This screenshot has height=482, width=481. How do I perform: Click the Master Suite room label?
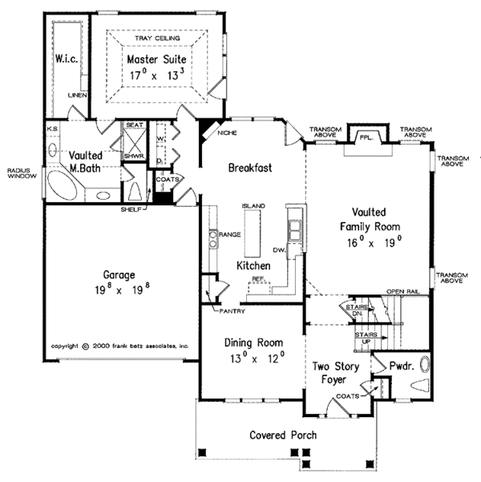tap(157, 59)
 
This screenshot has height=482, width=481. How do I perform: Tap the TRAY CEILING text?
tap(157, 38)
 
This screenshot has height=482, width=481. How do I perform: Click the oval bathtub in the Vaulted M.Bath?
tap(63, 186)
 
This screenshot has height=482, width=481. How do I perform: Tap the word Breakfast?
tap(249, 168)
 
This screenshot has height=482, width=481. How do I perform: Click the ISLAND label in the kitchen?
tap(254, 206)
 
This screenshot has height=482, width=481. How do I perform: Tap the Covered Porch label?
tap(283, 435)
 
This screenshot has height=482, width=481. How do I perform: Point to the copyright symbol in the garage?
tap(86, 347)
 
